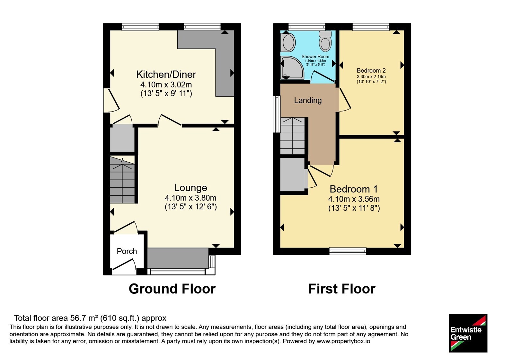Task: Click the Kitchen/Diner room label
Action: coord(166,74)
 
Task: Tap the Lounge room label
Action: coord(191,188)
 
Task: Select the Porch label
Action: coord(127,251)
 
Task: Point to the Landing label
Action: coord(308,100)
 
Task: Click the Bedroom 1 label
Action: coord(354,189)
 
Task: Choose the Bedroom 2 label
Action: coord(371,70)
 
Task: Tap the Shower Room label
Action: coord(315,57)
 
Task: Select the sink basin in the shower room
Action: coord(288,42)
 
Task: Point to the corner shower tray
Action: coord(292,67)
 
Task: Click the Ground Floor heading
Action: coord(172,289)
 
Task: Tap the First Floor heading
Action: coord(342,289)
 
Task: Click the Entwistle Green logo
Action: coord(468,333)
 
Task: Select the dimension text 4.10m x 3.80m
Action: coord(191,198)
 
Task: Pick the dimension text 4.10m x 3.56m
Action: coord(354,199)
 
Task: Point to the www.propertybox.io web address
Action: coord(343,341)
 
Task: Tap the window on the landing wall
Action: coord(277,114)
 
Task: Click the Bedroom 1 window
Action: coord(348,251)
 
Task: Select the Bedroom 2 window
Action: coord(371,27)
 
